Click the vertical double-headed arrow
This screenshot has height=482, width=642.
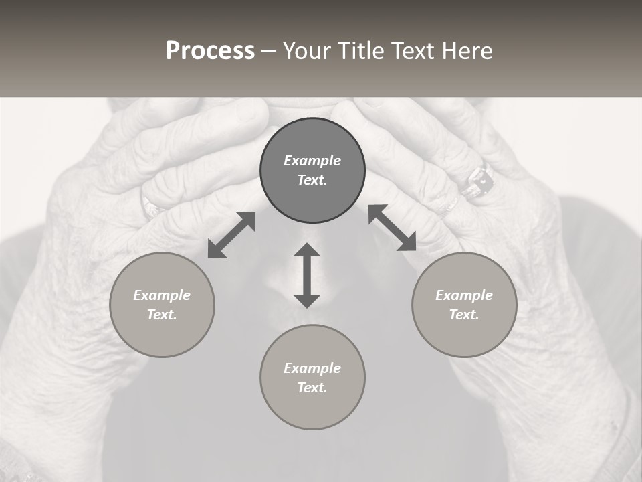[x=307, y=275]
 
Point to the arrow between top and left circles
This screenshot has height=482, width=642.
[x=231, y=235]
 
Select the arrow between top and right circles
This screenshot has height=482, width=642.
[x=392, y=228]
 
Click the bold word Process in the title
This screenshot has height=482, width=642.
[x=210, y=50]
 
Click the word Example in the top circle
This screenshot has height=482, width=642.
[x=312, y=161]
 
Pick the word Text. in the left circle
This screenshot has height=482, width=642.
[x=162, y=315]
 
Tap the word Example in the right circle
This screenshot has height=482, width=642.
[x=464, y=295]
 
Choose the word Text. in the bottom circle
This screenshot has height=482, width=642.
[x=312, y=388]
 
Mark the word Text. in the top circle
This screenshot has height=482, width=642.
[x=312, y=180]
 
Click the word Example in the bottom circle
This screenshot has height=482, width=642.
[x=312, y=368]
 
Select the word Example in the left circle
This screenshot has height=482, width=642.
[x=162, y=295]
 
